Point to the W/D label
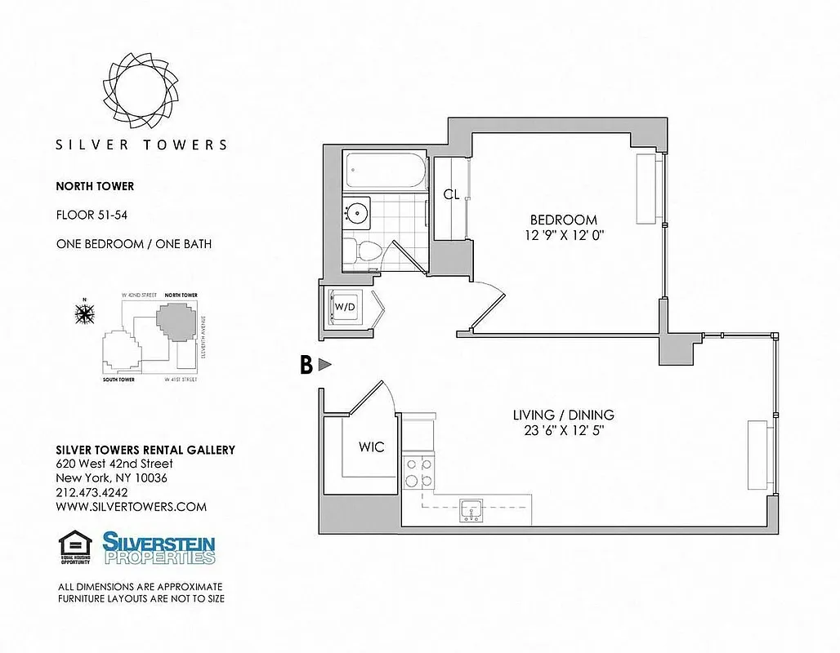tap(344, 307)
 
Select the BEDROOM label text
tap(563, 220)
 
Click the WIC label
tap(371, 446)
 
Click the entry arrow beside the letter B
tap(324, 365)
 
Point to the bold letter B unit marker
tap(306, 365)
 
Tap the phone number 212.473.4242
tap(92, 492)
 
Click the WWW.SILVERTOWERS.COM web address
tap(131, 506)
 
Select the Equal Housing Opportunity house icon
tap(74, 547)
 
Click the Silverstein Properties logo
tap(159, 548)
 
